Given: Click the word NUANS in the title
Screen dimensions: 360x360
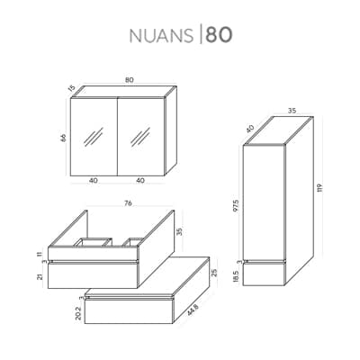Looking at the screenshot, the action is pyautogui.click(x=161, y=35).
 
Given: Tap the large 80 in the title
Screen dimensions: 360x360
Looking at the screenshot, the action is pyautogui.click(x=219, y=35).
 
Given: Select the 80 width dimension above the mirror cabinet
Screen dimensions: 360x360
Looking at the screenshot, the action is pyautogui.click(x=130, y=80).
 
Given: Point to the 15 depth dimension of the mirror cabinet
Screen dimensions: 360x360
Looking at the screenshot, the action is pyautogui.click(x=71, y=89).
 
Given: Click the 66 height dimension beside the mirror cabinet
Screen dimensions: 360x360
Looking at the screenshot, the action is pyautogui.click(x=63, y=138).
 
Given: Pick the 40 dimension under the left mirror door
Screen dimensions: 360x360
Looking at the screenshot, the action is pyautogui.click(x=94, y=181).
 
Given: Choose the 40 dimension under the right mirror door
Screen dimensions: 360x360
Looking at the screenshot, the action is pyautogui.click(x=140, y=181).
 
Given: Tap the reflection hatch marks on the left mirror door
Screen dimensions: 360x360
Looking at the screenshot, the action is pyautogui.click(x=94, y=137).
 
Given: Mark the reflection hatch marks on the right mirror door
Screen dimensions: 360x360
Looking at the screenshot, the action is pyautogui.click(x=140, y=137).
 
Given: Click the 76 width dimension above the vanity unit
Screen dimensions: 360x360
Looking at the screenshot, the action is pyautogui.click(x=128, y=203).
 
